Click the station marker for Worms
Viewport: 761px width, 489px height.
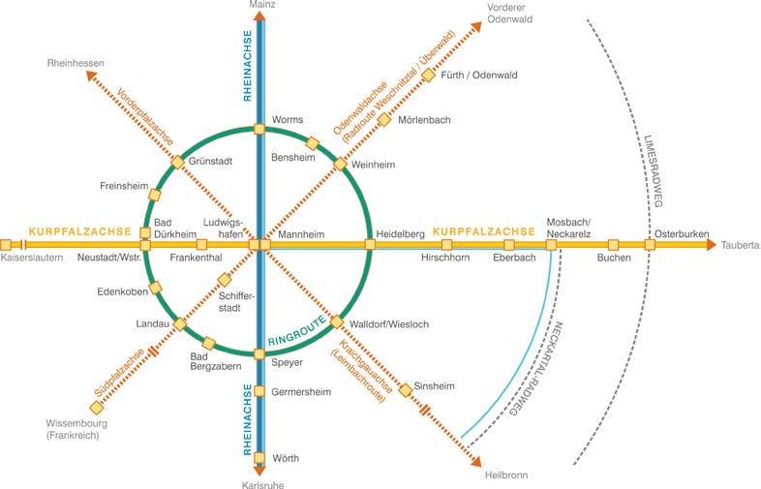[259, 129]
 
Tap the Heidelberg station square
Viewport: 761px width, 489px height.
[370, 245]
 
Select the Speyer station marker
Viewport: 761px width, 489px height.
[259, 353]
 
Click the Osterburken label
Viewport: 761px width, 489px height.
[682, 233]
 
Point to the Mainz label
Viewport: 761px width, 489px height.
[261, 6]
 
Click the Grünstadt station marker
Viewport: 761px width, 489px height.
[178, 162]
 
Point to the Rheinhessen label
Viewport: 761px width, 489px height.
[76, 64]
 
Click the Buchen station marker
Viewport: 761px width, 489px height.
[613, 245]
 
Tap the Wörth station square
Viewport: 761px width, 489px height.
[259, 458]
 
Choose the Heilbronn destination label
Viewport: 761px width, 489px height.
[508, 475]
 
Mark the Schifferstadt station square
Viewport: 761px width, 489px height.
[224, 281]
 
